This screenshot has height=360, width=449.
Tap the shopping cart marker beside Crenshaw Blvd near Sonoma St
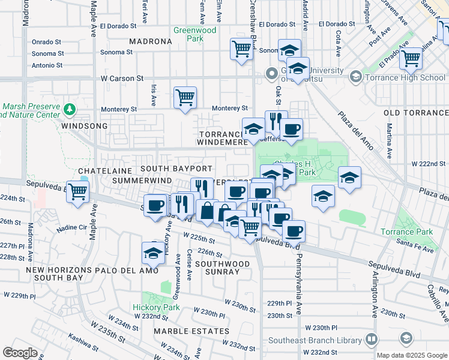tap(241, 50)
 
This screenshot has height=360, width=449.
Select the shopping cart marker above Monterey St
tap(185, 97)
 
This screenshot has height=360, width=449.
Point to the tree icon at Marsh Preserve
tap(70, 109)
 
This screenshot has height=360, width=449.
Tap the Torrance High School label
tap(406, 77)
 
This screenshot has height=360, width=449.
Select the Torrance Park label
tap(406, 232)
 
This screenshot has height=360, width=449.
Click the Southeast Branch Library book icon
tap(372, 340)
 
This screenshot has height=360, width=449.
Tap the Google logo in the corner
tap(20, 353)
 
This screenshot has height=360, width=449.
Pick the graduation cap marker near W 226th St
tap(153, 253)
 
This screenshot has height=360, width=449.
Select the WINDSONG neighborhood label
tap(84, 126)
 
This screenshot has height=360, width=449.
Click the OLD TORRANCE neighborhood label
tap(415, 113)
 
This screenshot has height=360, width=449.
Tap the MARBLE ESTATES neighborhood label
tap(191, 331)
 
